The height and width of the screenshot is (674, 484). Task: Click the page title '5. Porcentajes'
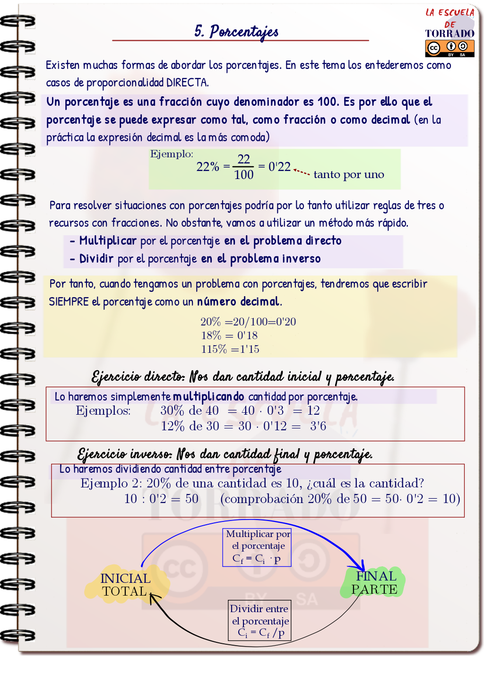236,32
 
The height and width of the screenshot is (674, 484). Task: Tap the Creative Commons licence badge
449,48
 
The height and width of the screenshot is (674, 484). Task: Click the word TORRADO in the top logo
449,34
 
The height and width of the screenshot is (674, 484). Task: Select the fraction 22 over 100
243,167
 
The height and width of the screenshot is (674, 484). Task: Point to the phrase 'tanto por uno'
348,175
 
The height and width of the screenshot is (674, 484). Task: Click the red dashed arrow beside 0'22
302,171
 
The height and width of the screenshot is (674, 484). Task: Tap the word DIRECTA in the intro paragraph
187,83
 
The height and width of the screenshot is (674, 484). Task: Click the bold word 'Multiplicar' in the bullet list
108,241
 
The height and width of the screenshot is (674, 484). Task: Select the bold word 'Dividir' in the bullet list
96,259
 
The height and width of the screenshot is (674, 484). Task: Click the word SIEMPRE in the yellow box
69,302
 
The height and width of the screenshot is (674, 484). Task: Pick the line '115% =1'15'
230,349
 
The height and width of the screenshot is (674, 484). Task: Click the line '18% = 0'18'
229,335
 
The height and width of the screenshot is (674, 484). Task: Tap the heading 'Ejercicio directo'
138,376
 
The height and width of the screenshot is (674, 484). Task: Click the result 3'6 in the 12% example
318,426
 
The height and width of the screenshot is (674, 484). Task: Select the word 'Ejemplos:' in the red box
103,410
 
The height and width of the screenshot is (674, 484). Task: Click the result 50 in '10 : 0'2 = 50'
191,499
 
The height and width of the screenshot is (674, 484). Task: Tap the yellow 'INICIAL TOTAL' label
125,585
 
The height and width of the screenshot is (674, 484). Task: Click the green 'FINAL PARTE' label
374,583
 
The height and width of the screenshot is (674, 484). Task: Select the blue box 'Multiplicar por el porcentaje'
257,546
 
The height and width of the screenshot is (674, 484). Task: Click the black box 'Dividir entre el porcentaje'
259,620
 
